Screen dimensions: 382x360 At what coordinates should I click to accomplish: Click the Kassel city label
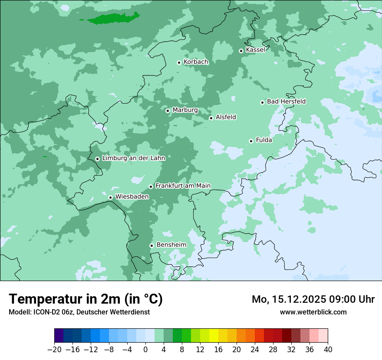point(255,50)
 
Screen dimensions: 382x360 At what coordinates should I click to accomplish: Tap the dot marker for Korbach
point(179,62)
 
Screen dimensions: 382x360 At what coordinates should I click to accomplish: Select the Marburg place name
point(185,110)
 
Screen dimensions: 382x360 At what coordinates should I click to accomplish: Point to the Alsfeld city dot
point(211,118)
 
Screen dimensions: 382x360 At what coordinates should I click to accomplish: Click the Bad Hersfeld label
point(286,101)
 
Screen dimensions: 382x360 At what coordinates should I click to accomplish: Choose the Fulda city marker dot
point(251,141)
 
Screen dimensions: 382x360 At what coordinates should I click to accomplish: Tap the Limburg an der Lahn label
point(133,158)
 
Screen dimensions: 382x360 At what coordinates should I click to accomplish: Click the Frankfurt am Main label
point(183,186)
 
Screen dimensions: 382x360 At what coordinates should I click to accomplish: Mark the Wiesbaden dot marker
point(110,197)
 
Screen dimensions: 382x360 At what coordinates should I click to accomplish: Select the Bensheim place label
point(171,245)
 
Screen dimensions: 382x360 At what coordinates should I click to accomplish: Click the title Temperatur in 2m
point(86,299)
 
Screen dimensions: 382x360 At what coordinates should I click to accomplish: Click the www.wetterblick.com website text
point(313,312)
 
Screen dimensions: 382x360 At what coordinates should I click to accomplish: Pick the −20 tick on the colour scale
point(54,350)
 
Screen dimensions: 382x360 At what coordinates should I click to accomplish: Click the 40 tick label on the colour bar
point(328,350)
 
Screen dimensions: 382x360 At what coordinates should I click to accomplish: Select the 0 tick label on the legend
point(145,350)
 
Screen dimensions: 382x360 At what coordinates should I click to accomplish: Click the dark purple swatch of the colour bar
point(59,336)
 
